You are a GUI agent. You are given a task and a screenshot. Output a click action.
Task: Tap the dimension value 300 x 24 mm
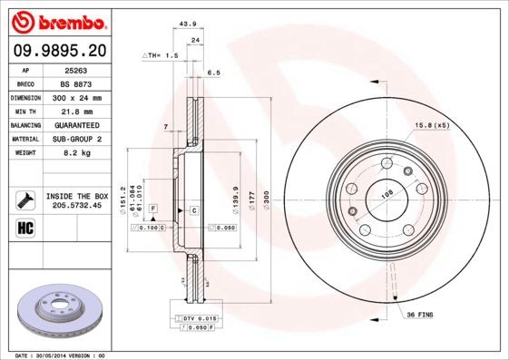74,97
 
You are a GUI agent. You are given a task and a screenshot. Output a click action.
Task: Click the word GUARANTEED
74,124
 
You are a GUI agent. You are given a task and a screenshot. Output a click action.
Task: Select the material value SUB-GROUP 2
74,139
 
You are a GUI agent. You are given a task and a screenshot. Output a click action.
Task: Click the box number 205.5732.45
76,205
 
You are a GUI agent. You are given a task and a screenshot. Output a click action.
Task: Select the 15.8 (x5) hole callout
432,124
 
